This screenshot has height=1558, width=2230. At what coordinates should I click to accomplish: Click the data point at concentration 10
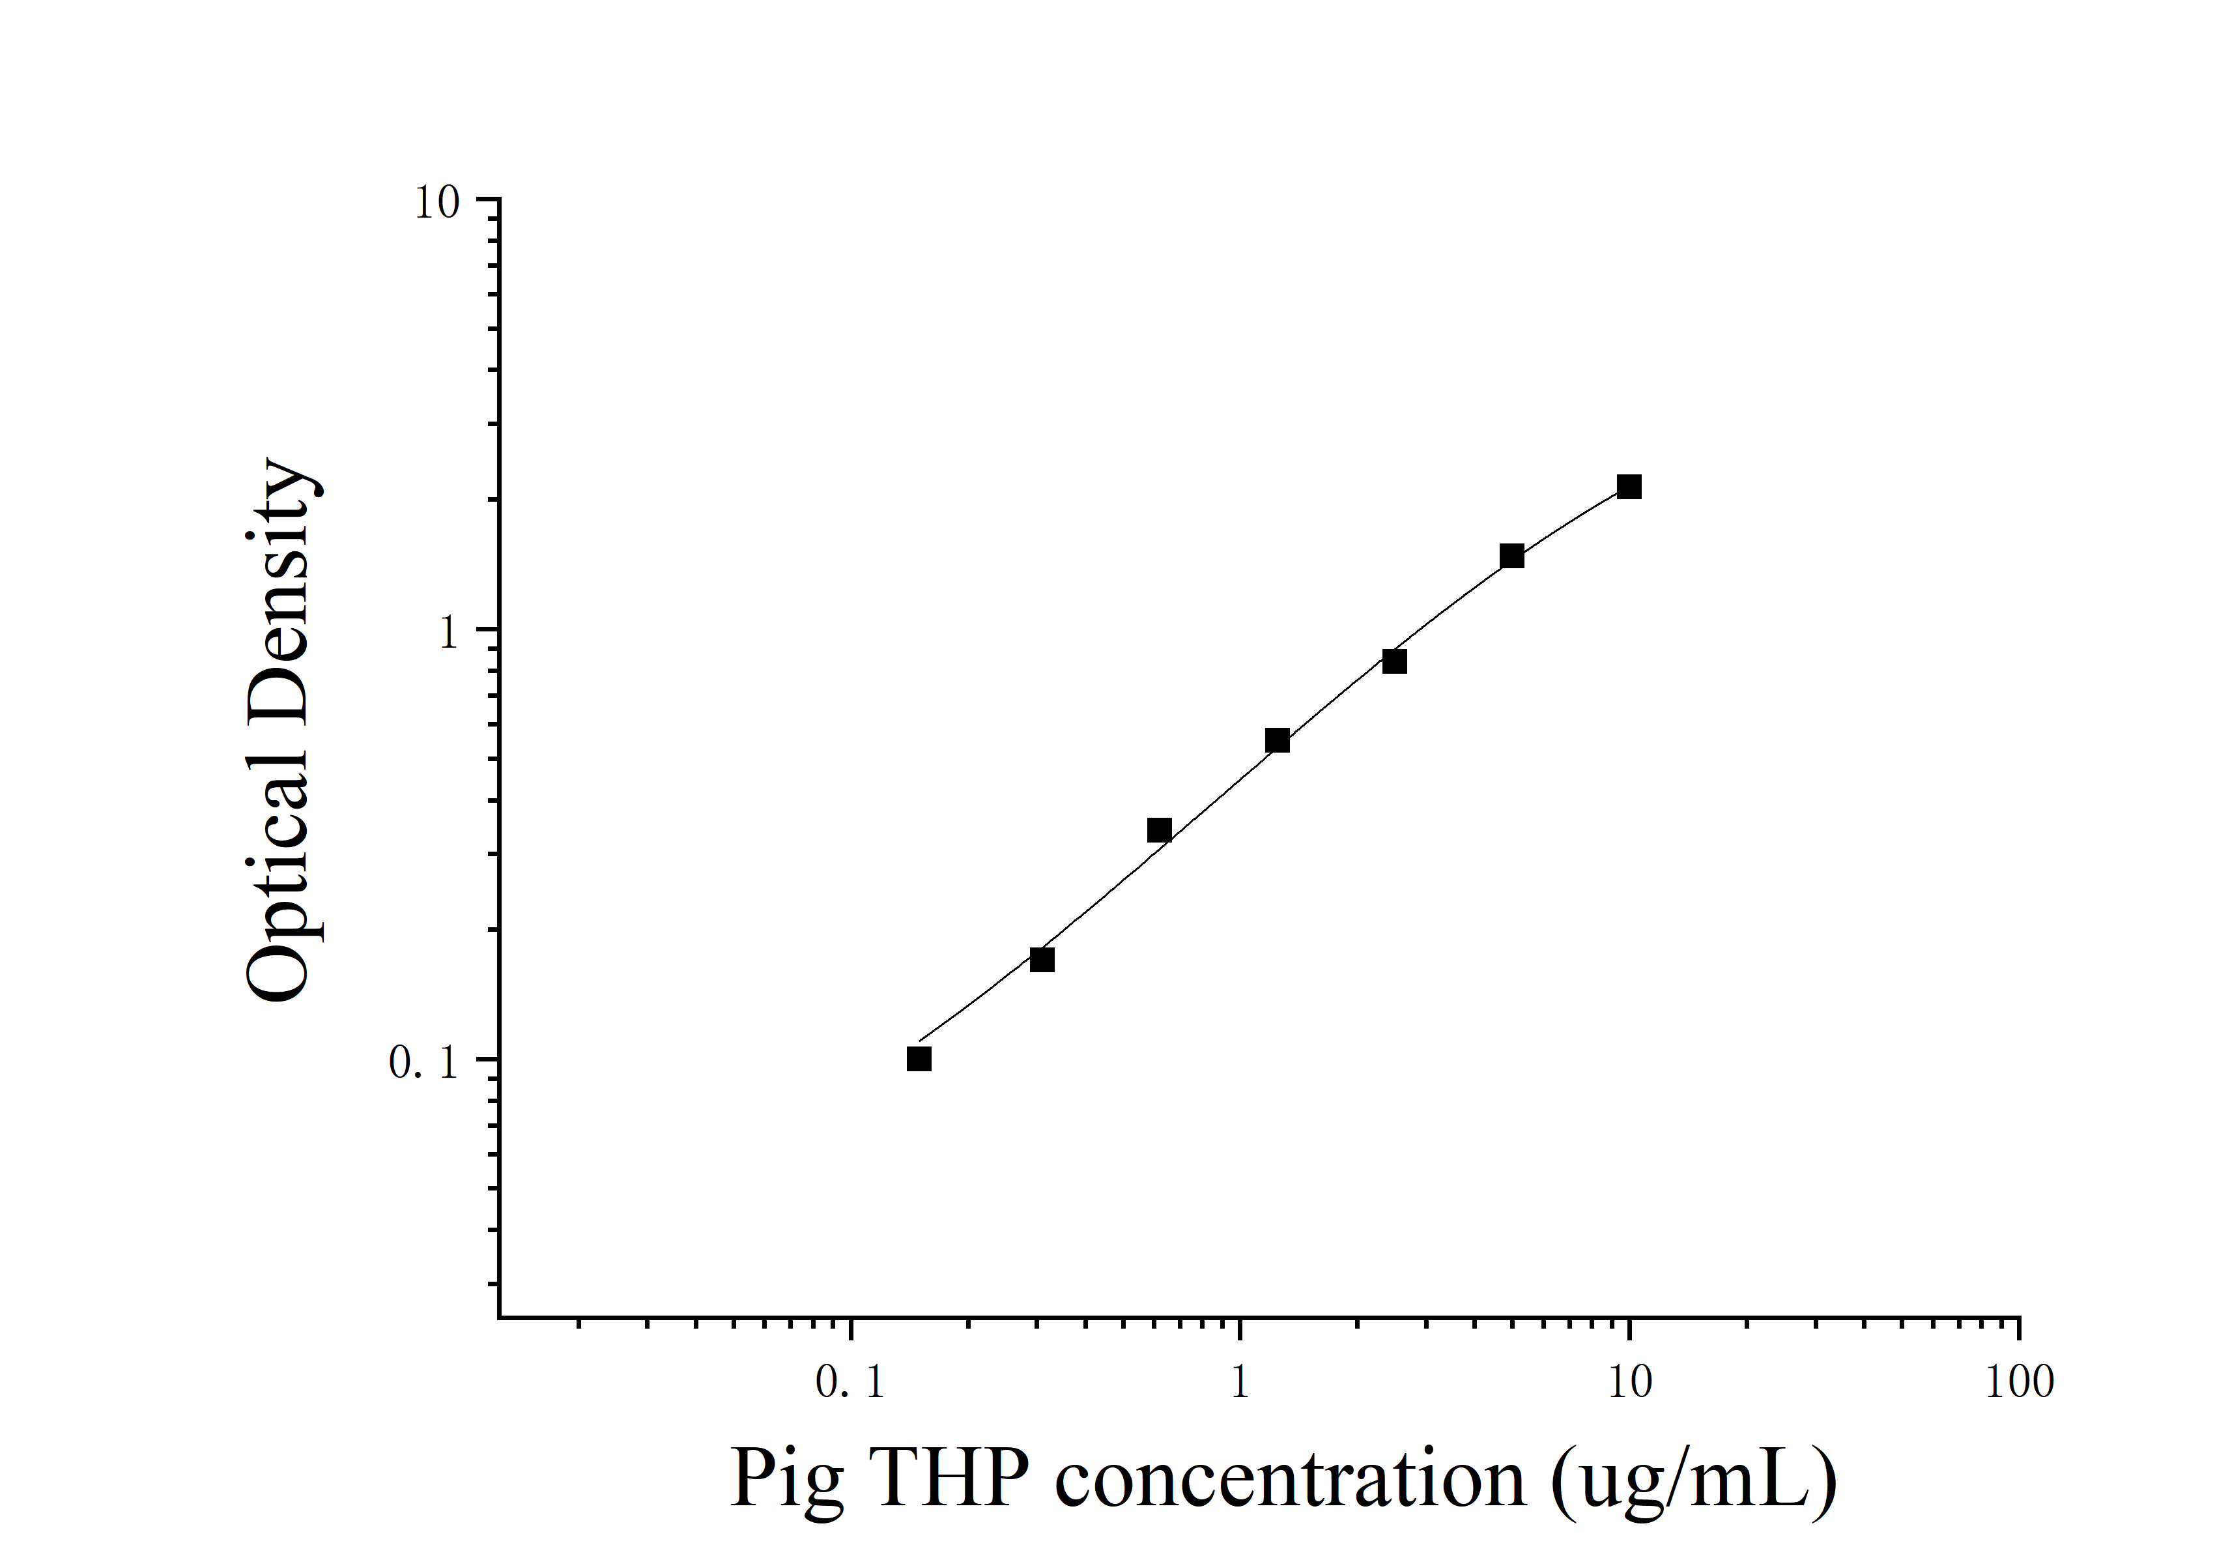click(x=1629, y=487)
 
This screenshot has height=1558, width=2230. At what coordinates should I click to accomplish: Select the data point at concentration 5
click(x=1511, y=556)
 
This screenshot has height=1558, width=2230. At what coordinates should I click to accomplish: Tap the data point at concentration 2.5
click(x=1394, y=661)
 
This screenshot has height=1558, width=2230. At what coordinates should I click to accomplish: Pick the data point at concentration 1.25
click(x=1277, y=741)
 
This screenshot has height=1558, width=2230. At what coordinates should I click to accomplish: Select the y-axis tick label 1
click(x=448, y=633)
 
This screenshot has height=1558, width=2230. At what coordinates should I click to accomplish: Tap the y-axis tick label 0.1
click(x=423, y=1063)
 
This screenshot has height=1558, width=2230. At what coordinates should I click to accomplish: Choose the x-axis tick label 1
click(x=1239, y=1383)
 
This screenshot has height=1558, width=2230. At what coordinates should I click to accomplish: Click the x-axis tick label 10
click(x=1629, y=1383)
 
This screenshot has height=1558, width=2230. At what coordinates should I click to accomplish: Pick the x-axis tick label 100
click(x=2019, y=1383)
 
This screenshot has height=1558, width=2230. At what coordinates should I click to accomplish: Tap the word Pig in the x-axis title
click(x=787, y=1480)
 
